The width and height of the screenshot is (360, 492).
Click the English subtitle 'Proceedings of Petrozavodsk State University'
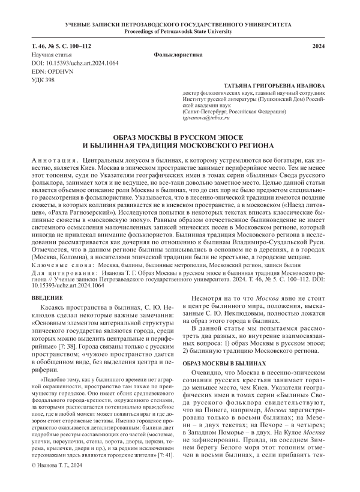coord(180,31)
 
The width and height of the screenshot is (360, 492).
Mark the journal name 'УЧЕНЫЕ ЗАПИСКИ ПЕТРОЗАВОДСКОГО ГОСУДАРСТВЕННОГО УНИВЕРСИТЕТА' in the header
coord(180,23)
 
